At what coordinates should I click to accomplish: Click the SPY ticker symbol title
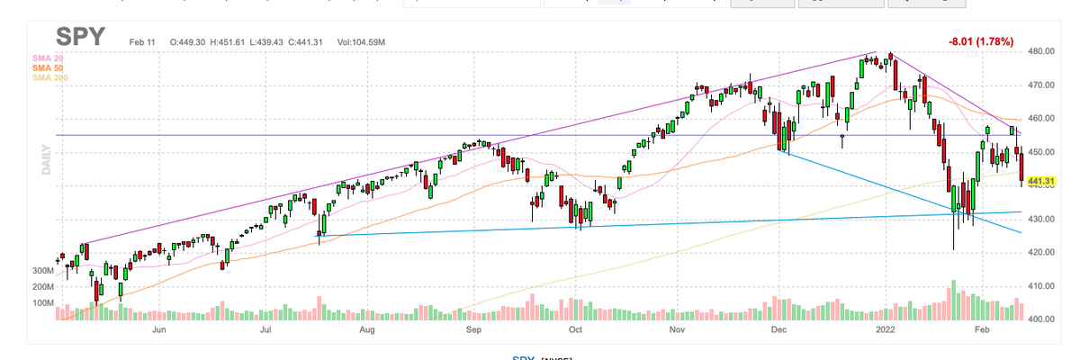80,39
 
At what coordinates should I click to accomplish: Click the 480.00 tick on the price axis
1041,51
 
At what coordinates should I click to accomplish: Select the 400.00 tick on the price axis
1041,319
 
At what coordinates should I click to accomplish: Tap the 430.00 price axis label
1041,220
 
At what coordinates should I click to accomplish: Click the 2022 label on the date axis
887,330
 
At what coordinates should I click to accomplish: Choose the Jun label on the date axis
159,330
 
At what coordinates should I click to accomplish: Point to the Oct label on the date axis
575,330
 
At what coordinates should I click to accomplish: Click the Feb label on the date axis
984,330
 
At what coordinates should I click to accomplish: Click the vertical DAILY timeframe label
45,159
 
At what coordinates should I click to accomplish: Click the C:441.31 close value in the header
303,42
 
